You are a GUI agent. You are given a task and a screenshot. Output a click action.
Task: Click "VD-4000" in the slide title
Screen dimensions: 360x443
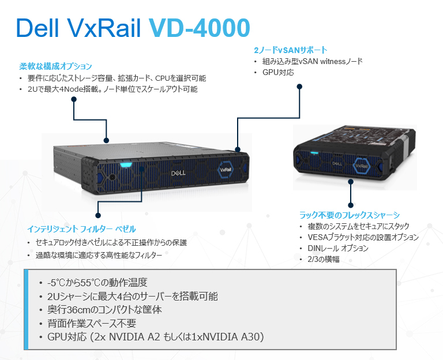[x=199, y=28]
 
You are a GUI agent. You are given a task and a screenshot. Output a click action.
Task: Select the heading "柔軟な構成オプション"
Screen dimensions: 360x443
[x=56, y=66]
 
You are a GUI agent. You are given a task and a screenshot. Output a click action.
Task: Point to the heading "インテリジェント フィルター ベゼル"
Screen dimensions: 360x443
[x=82, y=229]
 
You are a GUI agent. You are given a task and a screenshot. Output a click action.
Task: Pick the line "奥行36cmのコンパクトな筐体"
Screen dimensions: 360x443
[x=104, y=309]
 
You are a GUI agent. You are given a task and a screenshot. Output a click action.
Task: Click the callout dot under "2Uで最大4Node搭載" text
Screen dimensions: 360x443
[x=74, y=99]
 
